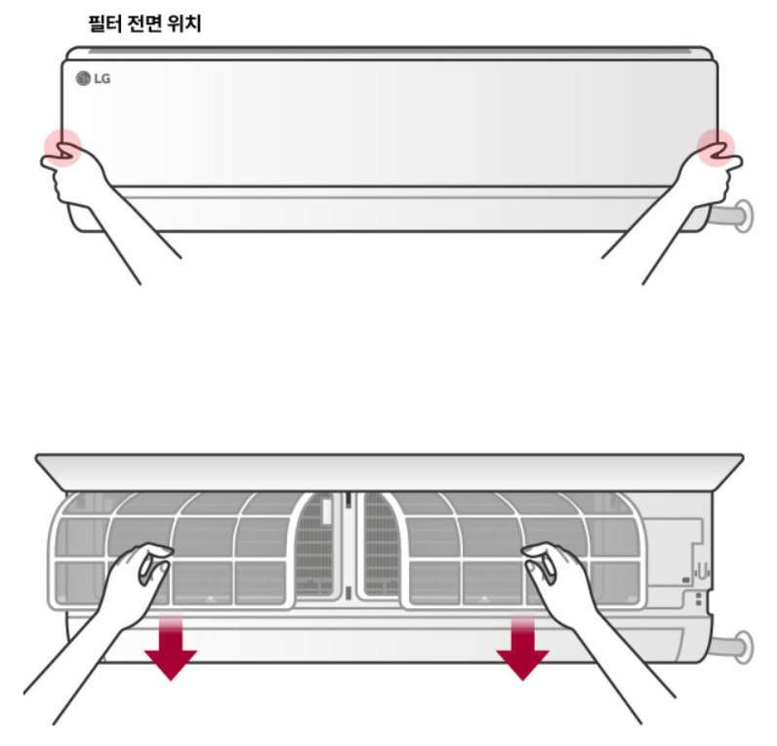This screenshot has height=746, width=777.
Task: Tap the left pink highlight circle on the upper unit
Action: tap(62, 147)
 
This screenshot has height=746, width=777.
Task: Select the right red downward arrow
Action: tap(521, 646)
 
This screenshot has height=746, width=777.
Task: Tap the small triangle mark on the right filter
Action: tap(485, 595)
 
